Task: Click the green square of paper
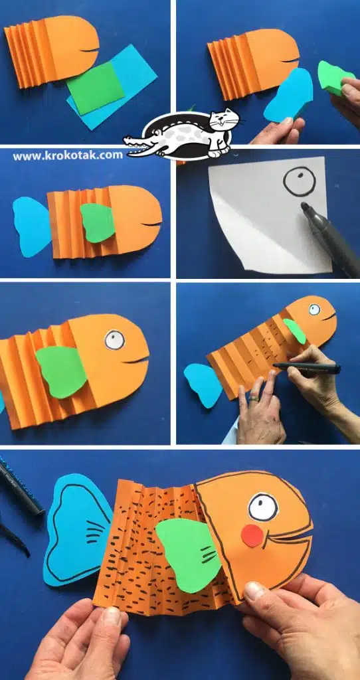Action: click(x=95, y=88)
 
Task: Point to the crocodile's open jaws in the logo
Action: click(x=138, y=146)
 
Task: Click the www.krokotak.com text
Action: click(x=68, y=155)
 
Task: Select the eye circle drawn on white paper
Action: click(x=299, y=181)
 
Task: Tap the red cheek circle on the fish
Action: click(x=252, y=536)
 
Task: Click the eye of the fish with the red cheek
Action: click(x=263, y=507)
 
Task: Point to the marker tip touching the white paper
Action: click(x=304, y=205)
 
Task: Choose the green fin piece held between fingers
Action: click(x=334, y=78)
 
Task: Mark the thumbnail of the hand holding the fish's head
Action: click(x=254, y=591)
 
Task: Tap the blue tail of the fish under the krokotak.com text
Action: click(x=32, y=226)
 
